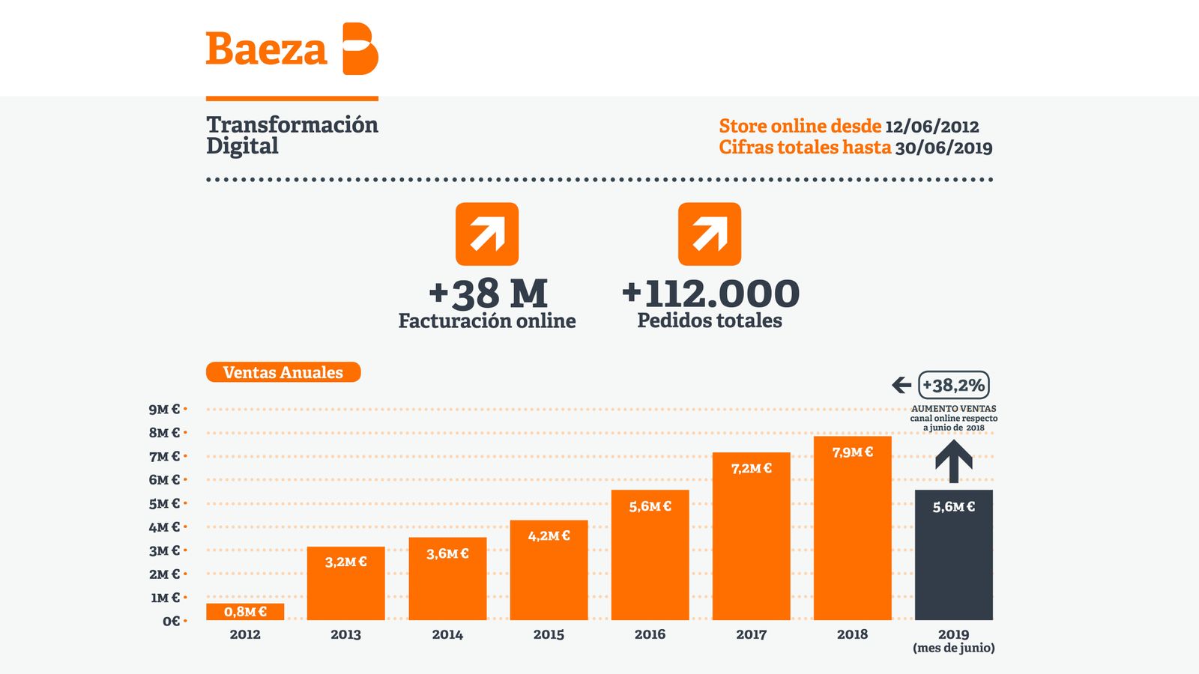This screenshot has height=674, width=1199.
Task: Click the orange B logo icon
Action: tap(360, 49)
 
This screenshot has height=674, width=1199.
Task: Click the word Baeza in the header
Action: tap(266, 49)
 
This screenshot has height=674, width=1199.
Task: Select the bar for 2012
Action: tap(245, 612)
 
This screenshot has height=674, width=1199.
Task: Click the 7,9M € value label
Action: tap(852, 452)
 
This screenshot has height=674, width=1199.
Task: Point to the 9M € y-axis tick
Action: tap(165, 409)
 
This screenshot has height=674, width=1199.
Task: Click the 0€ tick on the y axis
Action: tap(172, 621)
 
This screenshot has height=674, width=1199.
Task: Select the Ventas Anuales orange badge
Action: tap(283, 372)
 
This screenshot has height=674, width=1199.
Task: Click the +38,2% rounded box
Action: tap(953, 385)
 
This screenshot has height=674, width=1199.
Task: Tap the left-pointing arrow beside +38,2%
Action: tap(901, 385)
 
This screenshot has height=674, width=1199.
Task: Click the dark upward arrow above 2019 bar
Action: tap(953, 461)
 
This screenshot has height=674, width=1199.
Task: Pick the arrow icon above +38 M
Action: tap(487, 234)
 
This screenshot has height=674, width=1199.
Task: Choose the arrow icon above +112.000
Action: tap(710, 234)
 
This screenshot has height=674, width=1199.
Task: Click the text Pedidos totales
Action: tap(710, 321)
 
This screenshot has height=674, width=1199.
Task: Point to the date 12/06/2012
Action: tap(931, 127)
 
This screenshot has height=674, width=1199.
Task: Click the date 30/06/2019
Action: tap(943, 148)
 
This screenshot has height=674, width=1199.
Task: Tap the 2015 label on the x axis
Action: tap(549, 634)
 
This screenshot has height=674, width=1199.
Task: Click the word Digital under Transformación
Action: tap(242, 146)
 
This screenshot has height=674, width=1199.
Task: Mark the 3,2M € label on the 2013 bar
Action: tap(345, 562)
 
